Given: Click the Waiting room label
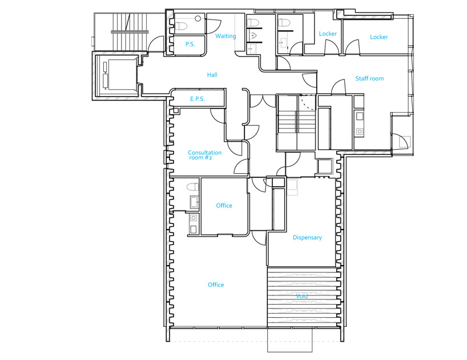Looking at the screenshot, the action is point(226,36).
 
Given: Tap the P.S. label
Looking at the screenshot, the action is point(190,45).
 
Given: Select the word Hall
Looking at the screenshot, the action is point(212,75).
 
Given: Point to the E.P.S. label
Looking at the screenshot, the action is point(197,99).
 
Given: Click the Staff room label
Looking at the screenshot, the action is point(369,78).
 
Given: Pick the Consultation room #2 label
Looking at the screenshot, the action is point(204,155).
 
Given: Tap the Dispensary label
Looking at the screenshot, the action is point(307,238).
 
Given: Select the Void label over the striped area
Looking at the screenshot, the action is point(301,296).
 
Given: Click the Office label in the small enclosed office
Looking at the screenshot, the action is point(224,205).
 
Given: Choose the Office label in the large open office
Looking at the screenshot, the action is point(216,285).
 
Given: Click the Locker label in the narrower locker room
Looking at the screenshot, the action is point(328,34).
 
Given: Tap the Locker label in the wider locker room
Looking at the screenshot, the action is point(379,37).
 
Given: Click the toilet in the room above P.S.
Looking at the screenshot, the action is point(181,26).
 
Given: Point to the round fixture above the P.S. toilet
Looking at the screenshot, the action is point(198,18).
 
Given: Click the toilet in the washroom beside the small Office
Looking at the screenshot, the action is point(193,187).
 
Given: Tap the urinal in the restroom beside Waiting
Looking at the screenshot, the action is point(253,36).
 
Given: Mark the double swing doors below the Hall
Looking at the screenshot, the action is point(263,101).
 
